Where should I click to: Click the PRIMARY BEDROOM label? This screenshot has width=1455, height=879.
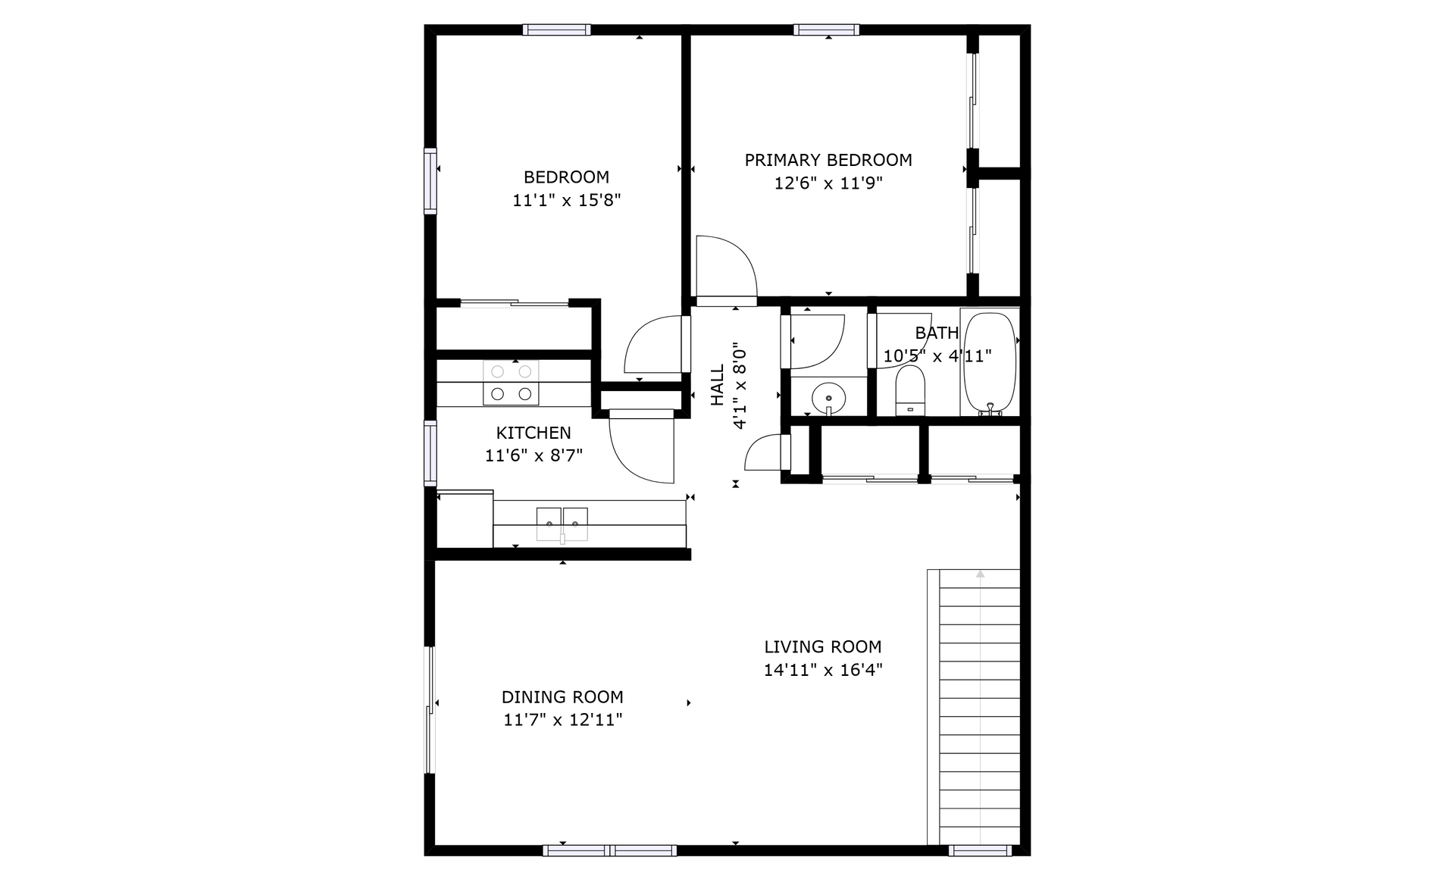click(828, 160)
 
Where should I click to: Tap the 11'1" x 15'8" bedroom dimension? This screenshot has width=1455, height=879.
click(567, 200)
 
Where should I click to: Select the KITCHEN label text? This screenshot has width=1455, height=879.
click(533, 433)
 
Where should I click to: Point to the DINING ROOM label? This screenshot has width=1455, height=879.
click(562, 696)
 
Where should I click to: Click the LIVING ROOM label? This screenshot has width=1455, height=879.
click(823, 646)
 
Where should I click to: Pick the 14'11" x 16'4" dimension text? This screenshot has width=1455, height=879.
click(823, 670)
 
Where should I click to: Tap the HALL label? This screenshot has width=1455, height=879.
click(718, 385)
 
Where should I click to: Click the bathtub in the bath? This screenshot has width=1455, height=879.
click(989, 362)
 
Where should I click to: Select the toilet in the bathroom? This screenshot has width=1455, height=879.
click(910, 390)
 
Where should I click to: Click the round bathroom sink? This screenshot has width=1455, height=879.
click(828, 397)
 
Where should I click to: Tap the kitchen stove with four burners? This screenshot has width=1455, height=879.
click(512, 383)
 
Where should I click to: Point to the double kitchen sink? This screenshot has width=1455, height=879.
click(562, 524)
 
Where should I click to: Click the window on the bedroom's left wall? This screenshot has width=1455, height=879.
click(430, 180)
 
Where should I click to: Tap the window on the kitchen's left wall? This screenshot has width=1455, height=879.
click(430, 453)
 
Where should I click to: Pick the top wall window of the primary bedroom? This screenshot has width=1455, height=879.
click(827, 30)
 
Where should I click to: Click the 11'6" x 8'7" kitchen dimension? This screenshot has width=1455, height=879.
click(533, 455)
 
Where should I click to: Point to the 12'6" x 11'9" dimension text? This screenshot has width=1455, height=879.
click(828, 183)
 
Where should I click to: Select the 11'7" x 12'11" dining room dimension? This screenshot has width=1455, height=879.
click(562, 719)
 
